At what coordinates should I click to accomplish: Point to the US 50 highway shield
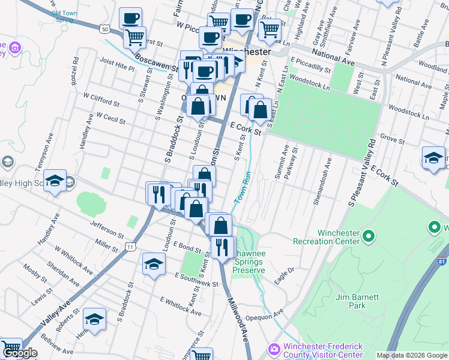coord(105,28)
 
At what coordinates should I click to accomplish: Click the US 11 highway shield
coord(131,246)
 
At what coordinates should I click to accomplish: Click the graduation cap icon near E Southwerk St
coord(154,265)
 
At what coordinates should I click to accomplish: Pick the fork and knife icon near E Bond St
coord(223,246)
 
